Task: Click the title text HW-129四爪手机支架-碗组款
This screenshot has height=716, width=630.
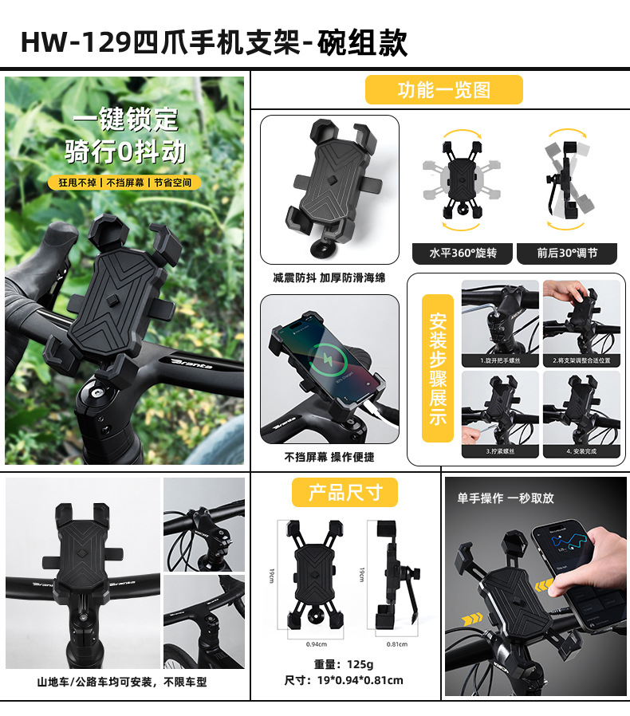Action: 214,41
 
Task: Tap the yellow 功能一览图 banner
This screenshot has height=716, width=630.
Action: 443,90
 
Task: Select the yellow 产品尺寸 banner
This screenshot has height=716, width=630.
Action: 345,492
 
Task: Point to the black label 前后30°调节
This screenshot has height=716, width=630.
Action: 566,253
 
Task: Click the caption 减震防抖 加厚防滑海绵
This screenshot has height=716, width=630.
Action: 329,278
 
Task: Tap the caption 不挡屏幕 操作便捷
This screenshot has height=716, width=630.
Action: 329,457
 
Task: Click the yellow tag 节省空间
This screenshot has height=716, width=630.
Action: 172,183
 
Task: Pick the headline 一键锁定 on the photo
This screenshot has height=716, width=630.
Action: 125,120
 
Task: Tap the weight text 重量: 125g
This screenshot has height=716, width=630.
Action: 344,664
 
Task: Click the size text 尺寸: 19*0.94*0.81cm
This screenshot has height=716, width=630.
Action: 344,680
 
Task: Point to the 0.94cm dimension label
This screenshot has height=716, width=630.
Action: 317,644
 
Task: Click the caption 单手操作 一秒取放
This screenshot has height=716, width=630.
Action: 505,498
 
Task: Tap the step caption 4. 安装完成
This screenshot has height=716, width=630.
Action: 581,451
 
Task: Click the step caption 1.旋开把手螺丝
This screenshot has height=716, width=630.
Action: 500,360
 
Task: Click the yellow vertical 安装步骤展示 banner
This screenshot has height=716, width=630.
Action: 438,369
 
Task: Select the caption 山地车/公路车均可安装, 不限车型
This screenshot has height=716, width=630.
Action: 122,683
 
